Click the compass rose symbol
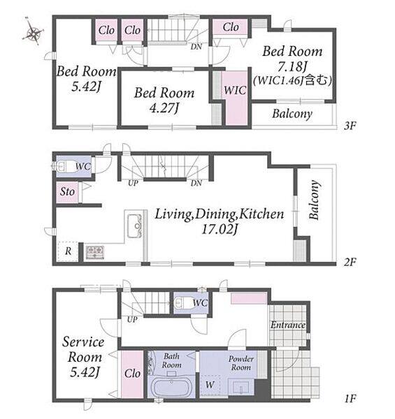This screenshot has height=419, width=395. pyautogui.click(x=33, y=33)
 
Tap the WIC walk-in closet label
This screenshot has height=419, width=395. pyautogui.click(x=235, y=90)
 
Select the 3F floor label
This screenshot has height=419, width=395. pyautogui.click(x=350, y=125)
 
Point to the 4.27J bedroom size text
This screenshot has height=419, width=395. pyautogui.click(x=164, y=108)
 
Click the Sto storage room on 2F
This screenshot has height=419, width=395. pyautogui.click(x=67, y=191)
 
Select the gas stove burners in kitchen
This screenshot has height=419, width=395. pyautogui.click(x=94, y=252)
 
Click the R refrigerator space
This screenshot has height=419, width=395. pyautogui.click(x=69, y=251)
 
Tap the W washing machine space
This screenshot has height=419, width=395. pyautogui.click(x=210, y=385)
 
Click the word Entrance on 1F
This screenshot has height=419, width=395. pyautogui.click(x=288, y=325)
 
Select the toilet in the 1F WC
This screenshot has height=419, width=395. pyautogui.click(x=182, y=303)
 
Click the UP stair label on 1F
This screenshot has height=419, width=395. pyautogui.click(x=132, y=319)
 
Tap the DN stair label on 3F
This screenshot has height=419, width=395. pyautogui.click(x=196, y=47)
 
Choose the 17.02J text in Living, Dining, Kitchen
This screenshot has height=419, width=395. pyautogui.click(x=220, y=229)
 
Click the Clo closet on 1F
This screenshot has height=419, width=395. pyautogui.click(x=132, y=374)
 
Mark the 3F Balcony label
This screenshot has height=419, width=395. pyautogui.click(x=292, y=114)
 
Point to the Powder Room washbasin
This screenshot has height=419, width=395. pyautogui.click(x=241, y=387)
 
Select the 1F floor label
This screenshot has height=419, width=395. pyautogui.click(x=350, y=399)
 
